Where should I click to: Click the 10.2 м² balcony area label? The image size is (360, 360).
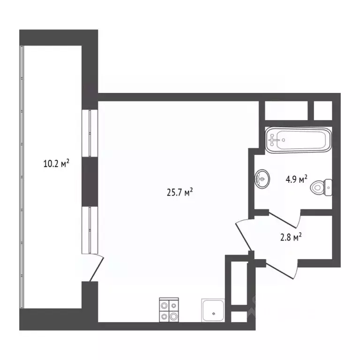coord(56,164)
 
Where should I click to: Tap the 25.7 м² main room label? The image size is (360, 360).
coord(180,192)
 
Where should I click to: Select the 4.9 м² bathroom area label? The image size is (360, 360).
coord(296,179)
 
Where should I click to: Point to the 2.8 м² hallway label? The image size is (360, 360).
coord(290,238)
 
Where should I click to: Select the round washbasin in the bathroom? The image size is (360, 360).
coord(262,179)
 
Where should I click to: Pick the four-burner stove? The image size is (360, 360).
coord(169,310)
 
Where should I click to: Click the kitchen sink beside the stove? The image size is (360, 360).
coord(214,310)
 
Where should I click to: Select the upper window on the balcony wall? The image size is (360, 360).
coord(89,133)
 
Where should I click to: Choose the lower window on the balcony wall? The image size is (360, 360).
coord(89,230)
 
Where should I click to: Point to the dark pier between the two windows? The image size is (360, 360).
coord(89,181)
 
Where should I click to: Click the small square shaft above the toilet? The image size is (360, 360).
coord(322,111)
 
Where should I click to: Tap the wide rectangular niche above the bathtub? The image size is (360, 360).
coord(285,111)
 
